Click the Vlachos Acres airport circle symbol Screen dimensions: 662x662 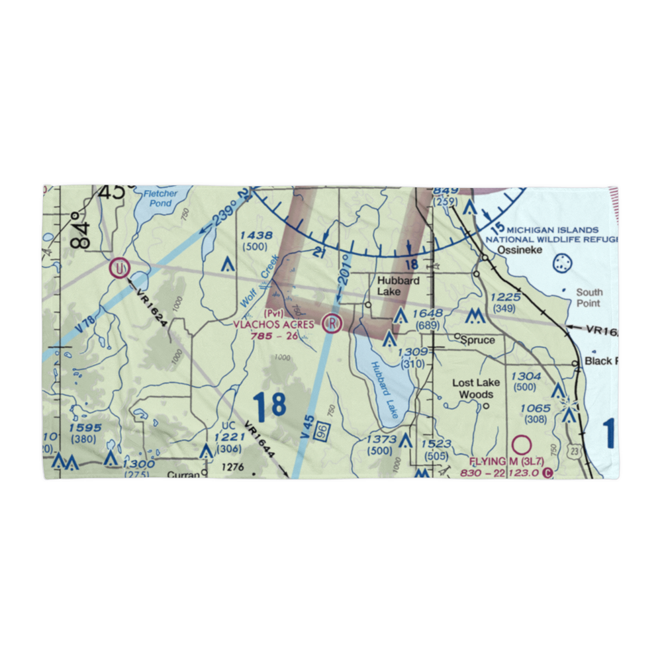point(332,324)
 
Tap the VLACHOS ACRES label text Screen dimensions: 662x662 point(273,324)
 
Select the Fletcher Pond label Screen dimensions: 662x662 point(161,198)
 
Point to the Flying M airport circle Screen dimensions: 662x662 point(522,444)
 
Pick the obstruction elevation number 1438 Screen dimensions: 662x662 point(256,236)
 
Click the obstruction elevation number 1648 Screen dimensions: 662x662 point(428,314)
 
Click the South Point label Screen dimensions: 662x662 point(589,297)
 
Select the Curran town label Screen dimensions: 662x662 point(182,475)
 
